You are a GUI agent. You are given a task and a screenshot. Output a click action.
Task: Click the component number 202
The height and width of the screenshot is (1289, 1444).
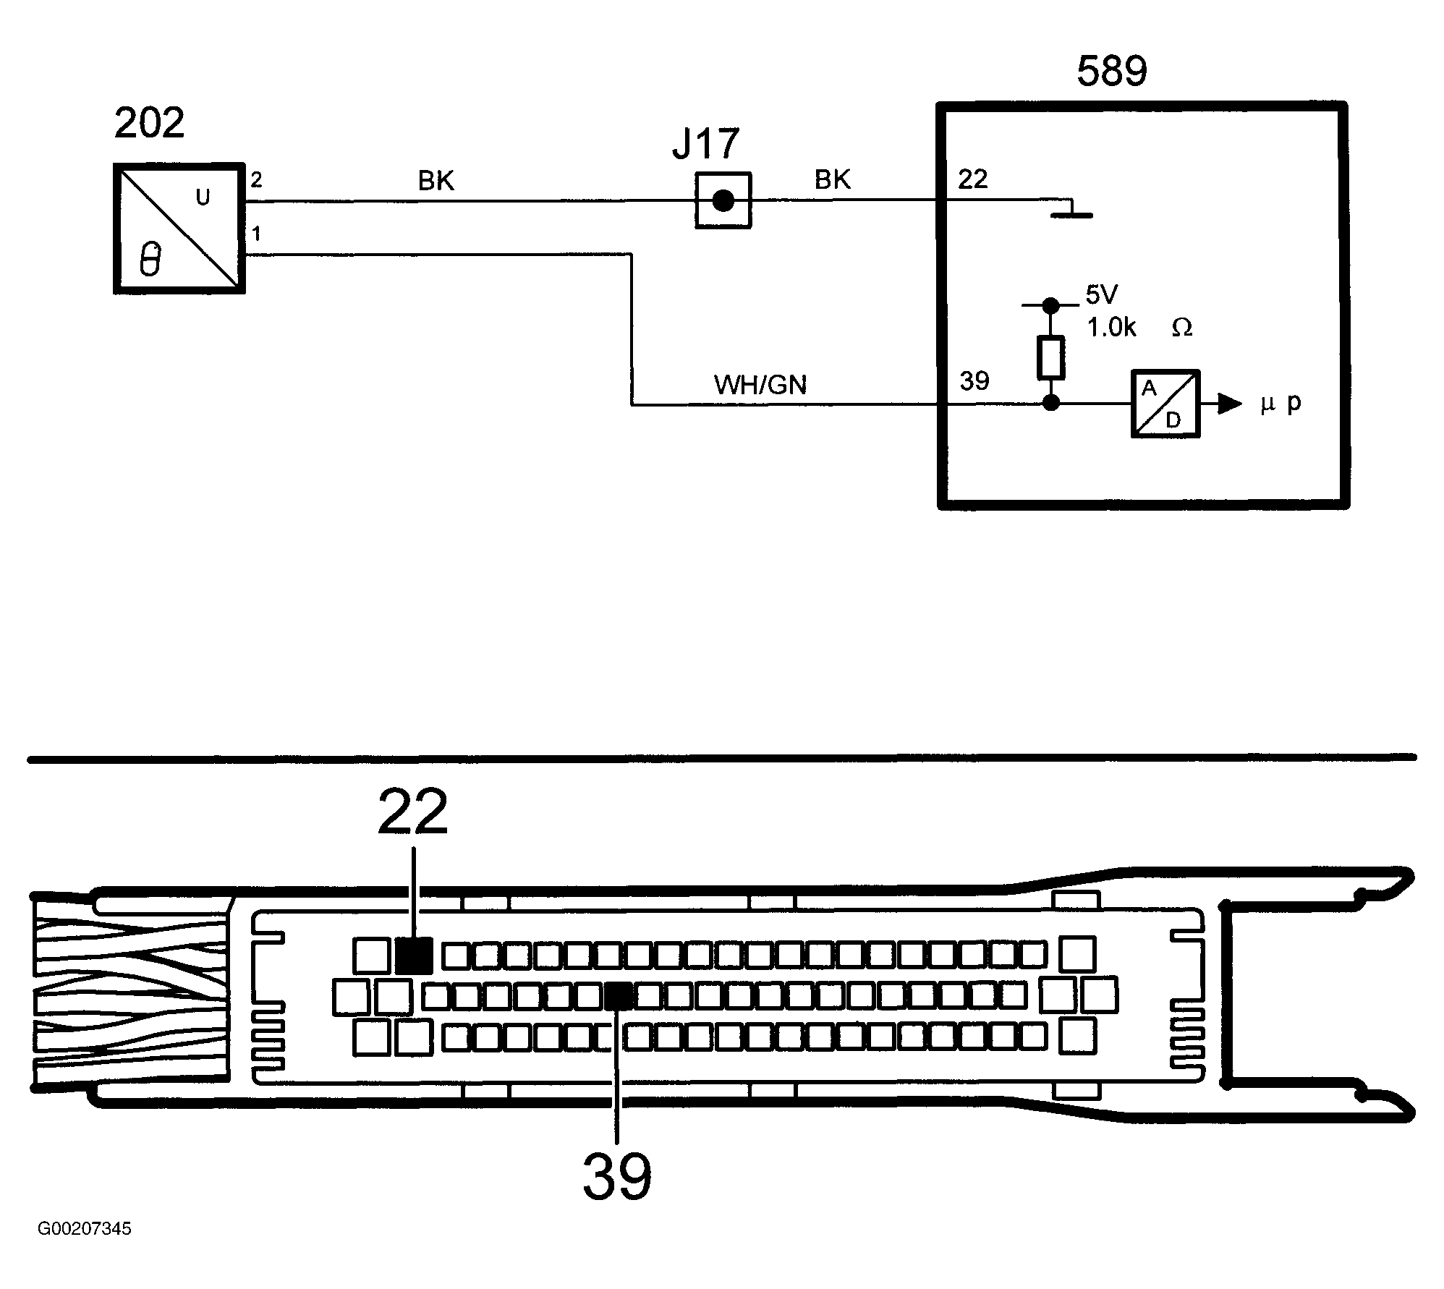pyautogui.click(x=149, y=123)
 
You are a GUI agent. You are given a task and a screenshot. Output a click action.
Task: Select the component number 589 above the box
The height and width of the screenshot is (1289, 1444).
pyautogui.click(x=1112, y=71)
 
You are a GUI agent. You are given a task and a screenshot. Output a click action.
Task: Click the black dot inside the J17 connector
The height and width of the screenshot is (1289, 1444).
pyautogui.click(x=723, y=200)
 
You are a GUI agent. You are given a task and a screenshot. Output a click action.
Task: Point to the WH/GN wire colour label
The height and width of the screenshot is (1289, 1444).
pyautogui.click(x=760, y=385)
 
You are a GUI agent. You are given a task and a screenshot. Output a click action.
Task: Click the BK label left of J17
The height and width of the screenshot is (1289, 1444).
pyautogui.click(x=436, y=180)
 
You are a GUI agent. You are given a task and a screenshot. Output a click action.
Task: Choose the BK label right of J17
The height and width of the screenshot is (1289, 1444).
pyautogui.click(x=833, y=179)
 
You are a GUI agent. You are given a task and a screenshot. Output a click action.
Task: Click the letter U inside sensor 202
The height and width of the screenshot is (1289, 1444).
pyautogui.click(x=203, y=197)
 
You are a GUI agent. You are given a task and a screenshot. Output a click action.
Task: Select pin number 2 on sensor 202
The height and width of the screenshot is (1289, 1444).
pyautogui.click(x=256, y=180)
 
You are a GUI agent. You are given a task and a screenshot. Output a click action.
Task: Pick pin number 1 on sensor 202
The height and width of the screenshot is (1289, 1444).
pyautogui.click(x=256, y=234)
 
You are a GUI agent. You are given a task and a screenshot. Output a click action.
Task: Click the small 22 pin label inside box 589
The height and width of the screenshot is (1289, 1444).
pyautogui.click(x=973, y=179)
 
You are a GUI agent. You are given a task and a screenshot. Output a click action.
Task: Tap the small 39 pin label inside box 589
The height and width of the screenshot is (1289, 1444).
pyautogui.click(x=974, y=380)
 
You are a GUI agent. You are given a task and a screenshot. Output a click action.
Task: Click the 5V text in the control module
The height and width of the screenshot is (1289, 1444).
pyautogui.click(x=1102, y=294)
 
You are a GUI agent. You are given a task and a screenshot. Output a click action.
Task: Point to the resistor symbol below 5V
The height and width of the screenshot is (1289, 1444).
pyautogui.click(x=1051, y=357)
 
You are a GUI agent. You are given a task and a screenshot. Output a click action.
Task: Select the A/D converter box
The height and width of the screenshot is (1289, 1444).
pyautogui.click(x=1165, y=404)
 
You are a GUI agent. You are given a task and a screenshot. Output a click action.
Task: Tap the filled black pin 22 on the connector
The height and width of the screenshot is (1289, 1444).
pyautogui.click(x=415, y=955)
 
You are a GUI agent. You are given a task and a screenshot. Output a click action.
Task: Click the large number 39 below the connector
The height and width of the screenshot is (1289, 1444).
pyautogui.click(x=617, y=1177)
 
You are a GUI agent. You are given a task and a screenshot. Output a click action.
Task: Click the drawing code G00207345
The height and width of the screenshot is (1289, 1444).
pyautogui.click(x=85, y=1229)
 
